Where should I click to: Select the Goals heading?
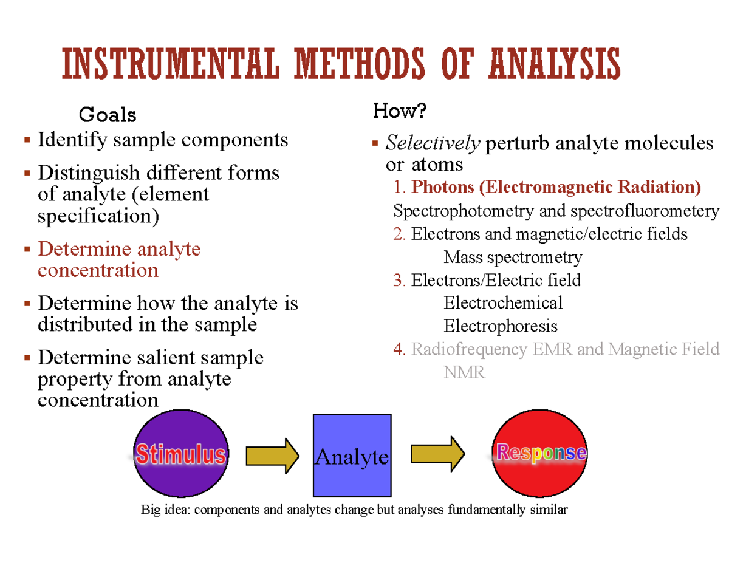tap(108, 114)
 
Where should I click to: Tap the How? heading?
tap(400, 111)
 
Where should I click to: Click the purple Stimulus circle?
tap(180, 454)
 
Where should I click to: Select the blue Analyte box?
tap(352, 456)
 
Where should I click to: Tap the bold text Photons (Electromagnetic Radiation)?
tap(556, 187)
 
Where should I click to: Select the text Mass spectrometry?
tap(513, 258)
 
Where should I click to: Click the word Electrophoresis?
tap(500, 326)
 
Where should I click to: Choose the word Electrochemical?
tap(503, 302)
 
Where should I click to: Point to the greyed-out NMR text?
tap(464, 372)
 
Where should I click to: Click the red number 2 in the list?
tap(399, 234)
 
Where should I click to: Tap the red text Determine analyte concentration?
tap(119, 259)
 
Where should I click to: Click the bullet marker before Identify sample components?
tap(27, 141)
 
